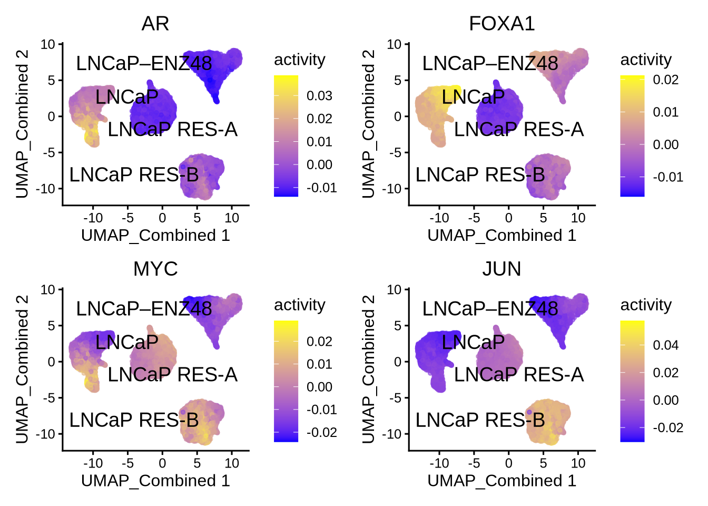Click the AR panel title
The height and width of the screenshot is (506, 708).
tap(155, 24)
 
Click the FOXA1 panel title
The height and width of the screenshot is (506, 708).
tap(501, 24)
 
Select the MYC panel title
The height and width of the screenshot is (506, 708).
tap(155, 269)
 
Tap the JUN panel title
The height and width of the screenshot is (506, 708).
tap(501, 269)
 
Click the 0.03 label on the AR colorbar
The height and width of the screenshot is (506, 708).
tap(319, 96)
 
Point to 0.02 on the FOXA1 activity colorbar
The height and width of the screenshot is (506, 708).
tap(665, 80)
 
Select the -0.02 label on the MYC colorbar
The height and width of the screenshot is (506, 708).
tap(321, 433)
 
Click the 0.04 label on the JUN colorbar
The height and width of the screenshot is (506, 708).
tap(665, 345)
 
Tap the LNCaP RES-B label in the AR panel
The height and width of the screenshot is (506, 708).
tap(134, 174)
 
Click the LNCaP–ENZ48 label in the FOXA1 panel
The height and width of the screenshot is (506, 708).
tap(490, 64)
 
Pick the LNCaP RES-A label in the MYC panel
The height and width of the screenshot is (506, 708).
tap(172, 375)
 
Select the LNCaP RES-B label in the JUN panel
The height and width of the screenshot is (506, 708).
tap(480, 420)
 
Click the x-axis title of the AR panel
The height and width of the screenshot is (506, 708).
tap(155, 235)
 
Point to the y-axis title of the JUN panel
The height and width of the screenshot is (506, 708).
tap(368, 369)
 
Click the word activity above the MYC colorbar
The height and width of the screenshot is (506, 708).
tap(299, 305)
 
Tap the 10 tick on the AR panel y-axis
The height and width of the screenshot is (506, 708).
tap(48, 44)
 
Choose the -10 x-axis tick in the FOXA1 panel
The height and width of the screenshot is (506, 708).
tap(439, 218)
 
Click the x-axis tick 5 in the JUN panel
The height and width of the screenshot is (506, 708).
tap(543, 463)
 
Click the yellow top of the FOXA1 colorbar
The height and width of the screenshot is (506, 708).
tap(632, 79)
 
